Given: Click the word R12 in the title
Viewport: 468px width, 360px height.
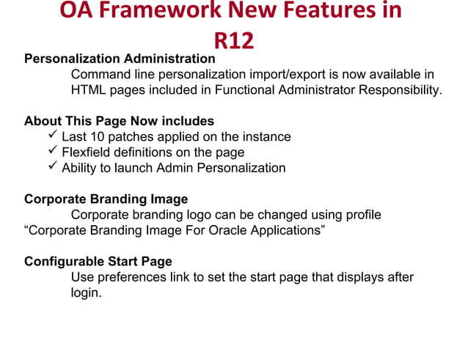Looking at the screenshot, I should click(x=233, y=40).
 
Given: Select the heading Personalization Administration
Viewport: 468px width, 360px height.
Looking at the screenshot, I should click(x=120, y=59).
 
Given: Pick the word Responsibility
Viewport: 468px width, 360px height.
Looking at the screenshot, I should click(x=400, y=90).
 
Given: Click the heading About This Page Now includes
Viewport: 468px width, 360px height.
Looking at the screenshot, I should click(x=119, y=121).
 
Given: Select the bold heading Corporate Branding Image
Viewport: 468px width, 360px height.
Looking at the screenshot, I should click(x=106, y=199).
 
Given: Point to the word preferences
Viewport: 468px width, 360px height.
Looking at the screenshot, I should click(x=128, y=278).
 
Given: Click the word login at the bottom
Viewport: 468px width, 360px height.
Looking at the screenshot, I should click(x=84, y=293).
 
